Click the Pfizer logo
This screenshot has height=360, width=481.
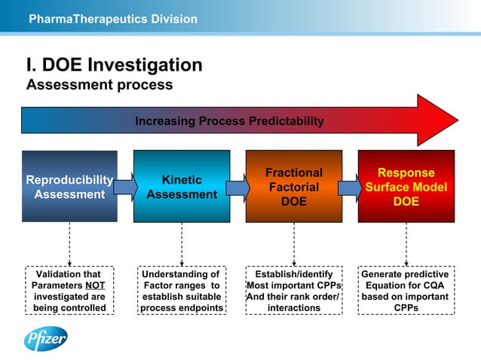46,339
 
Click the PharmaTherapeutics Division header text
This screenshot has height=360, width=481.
112,19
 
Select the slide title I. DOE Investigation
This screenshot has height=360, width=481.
114,65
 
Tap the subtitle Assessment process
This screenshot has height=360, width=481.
100,85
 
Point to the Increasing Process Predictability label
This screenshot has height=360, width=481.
229,121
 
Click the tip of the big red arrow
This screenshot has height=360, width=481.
456,121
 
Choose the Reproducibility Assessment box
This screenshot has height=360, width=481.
69,187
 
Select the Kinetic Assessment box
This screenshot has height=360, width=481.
182,187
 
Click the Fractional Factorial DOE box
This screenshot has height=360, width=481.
294,187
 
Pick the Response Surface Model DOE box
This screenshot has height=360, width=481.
406,187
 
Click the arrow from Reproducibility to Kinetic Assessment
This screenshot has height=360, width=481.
126,187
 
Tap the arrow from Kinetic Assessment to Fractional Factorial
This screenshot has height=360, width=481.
238,187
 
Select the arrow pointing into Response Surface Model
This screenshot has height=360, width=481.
350,187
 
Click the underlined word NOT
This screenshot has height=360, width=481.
95,286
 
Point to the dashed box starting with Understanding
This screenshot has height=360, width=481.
182,291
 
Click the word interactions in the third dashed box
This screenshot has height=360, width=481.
294,308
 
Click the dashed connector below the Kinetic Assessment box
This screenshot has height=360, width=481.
182,244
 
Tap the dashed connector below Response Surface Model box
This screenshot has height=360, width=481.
406,244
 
